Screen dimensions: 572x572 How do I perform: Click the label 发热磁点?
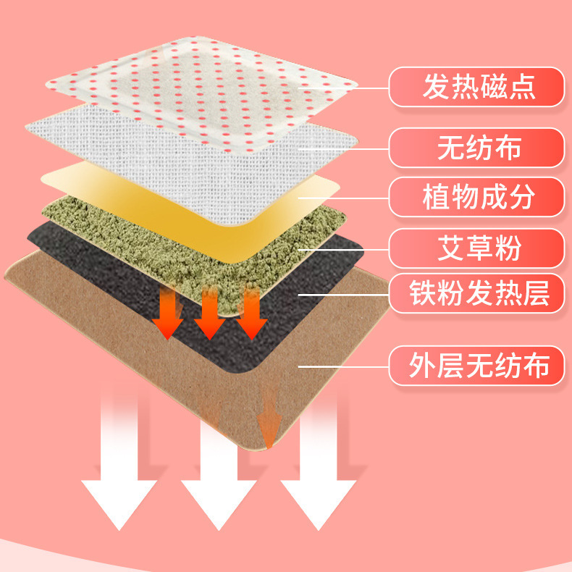(479, 88)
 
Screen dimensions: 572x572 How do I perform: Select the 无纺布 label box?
(479, 148)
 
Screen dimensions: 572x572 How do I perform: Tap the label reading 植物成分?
(479, 197)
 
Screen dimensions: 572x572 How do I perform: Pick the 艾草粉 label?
(479, 248)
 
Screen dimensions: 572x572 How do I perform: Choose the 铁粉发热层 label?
(479, 295)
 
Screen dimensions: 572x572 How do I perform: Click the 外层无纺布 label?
(479, 366)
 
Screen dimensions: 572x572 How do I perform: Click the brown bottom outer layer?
(145, 362)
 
